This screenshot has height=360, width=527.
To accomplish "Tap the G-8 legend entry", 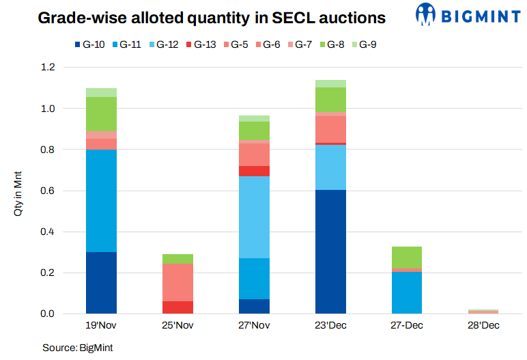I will [x=334, y=45].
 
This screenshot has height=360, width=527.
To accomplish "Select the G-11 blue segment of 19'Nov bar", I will [x=101, y=201].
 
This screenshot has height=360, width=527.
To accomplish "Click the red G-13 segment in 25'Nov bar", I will [x=177, y=307].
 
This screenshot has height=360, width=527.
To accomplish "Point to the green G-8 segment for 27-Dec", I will [x=407, y=258].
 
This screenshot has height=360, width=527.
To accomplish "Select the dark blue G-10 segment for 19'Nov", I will [x=101, y=283].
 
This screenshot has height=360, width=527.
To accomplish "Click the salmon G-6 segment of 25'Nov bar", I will [x=177, y=282].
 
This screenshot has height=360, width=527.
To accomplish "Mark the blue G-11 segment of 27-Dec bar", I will [x=407, y=293].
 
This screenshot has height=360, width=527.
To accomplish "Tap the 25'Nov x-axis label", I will [x=177, y=326].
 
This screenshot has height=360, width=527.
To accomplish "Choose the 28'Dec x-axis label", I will [x=483, y=326].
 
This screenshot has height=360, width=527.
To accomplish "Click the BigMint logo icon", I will [x=426, y=15].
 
